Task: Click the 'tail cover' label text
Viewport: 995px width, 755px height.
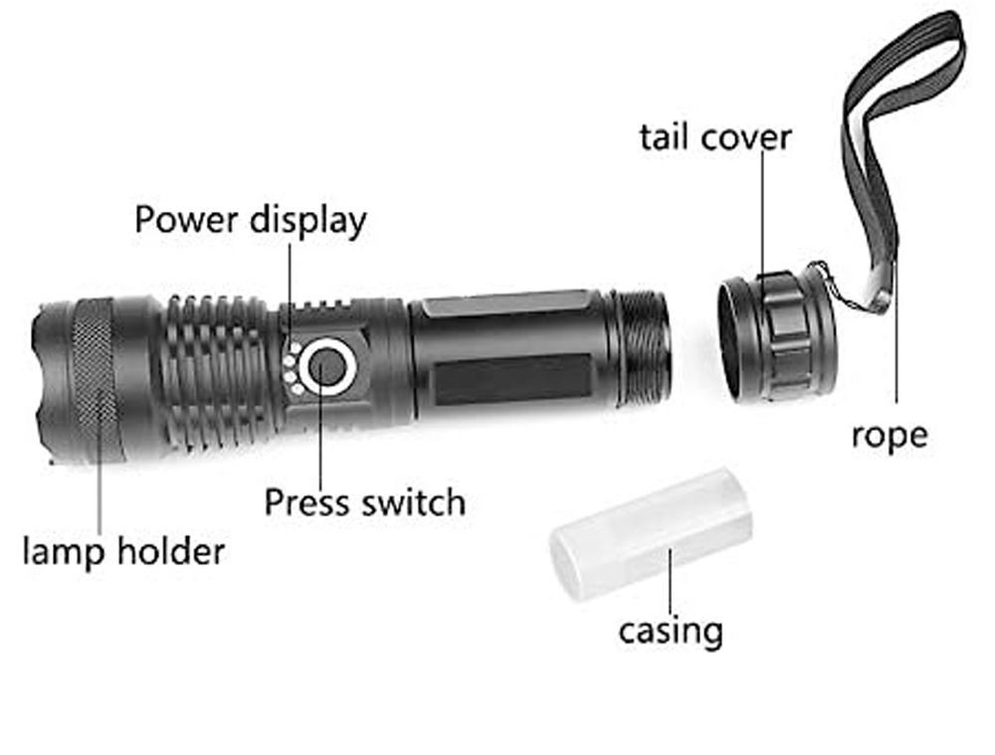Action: pyautogui.click(x=715, y=137)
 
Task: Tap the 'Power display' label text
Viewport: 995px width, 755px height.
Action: pyautogui.click(x=250, y=220)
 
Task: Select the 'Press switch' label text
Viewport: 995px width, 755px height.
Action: pyautogui.click(x=364, y=502)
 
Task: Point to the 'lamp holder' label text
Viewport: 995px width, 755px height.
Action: pyautogui.click(x=123, y=551)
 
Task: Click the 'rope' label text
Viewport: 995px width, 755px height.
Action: pyautogui.click(x=889, y=435)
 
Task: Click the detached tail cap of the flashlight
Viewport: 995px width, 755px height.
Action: pyautogui.click(x=776, y=335)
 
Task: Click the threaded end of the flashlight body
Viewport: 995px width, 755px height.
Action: pyautogui.click(x=643, y=348)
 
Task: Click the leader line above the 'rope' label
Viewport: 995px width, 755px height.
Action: pyautogui.click(x=895, y=338)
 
